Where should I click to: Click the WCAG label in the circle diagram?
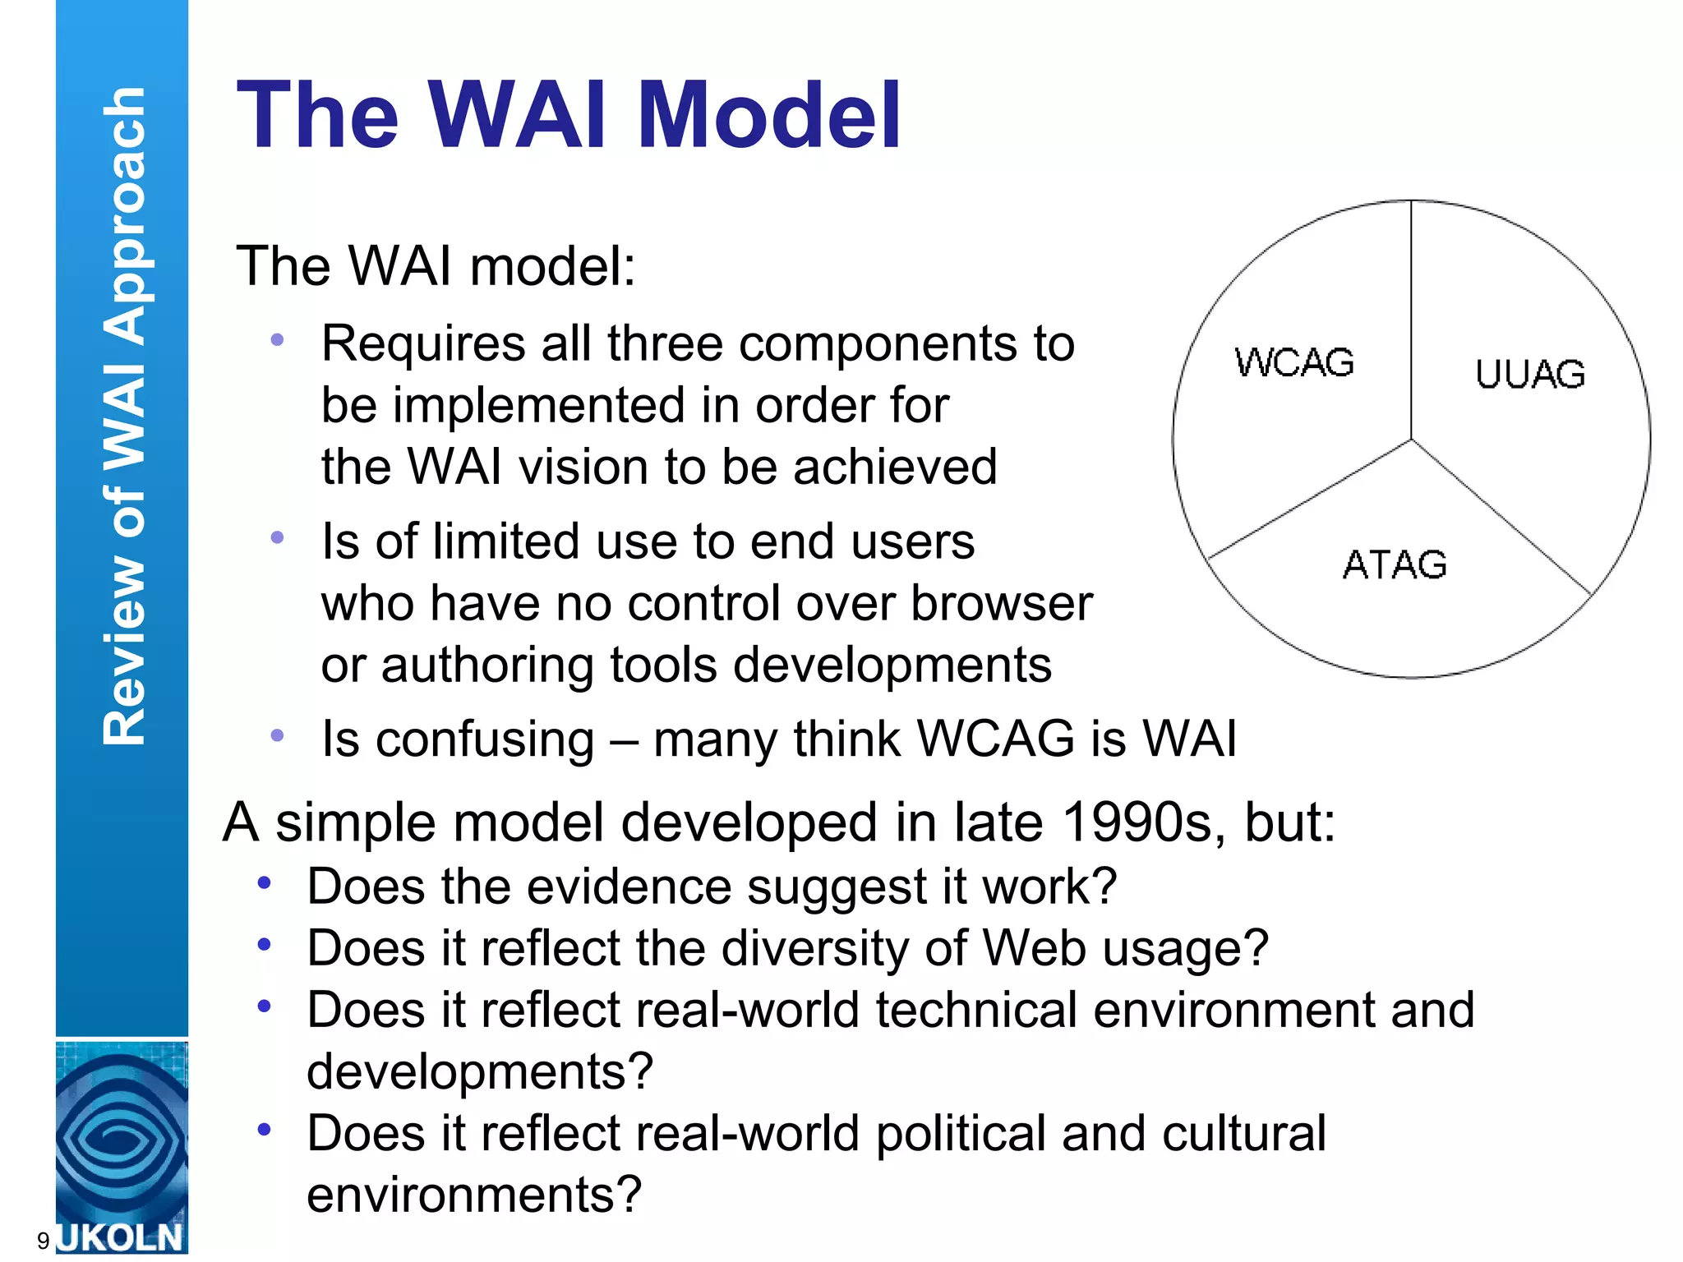[x=1294, y=362]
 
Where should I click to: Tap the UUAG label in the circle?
[x=1530, y=375]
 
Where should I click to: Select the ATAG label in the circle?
[x=1395, y=565]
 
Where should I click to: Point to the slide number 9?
[x=43, y=1241]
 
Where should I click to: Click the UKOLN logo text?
[x=121, y=1237]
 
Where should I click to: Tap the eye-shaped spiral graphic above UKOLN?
[x=121, y=1139]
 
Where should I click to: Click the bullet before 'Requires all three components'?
[x=278, y=339]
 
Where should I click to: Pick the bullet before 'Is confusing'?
[x=278, y=735]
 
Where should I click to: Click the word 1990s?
[x=1136, y=822]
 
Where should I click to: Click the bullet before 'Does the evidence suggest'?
[x=264, y=883]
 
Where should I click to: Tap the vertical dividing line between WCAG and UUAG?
[x=1411, y=320]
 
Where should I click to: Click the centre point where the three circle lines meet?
[x=1411, y=440]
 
